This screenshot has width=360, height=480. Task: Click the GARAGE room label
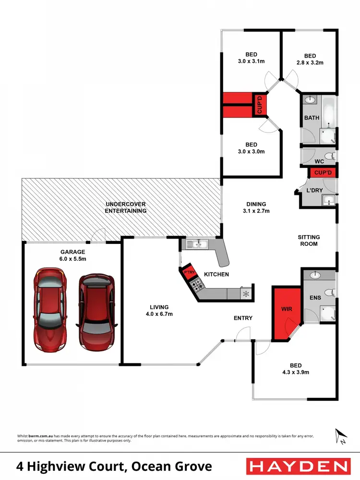pyautogui.click(x=72, y=252)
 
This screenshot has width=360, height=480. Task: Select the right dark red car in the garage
pyautogui.click(x=97, y=312)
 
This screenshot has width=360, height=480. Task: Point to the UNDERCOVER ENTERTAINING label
pyautogui.click(x=126, y=207)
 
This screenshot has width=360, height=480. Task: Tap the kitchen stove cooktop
pyautogui.click(x=197, y=285)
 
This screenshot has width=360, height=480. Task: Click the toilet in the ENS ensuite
pyautogui.click(x=329, y=292)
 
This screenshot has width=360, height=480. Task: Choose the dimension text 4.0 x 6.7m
pyautogui.click(x=159, y=314)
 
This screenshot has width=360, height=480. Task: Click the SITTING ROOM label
pyautogui.click(x=309, y=240)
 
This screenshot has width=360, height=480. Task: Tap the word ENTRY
pyautogui.click(x=243, y=318)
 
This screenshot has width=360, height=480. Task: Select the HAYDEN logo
pyautogui.click(x=297, y=466)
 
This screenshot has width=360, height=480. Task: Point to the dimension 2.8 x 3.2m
pyautogui.click(x=310, y=62)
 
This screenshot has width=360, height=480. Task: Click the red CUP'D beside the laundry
pyautogui.click(x=323, y=172)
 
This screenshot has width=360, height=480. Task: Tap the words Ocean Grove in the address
pyautogui.click(x=174, y=466)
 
